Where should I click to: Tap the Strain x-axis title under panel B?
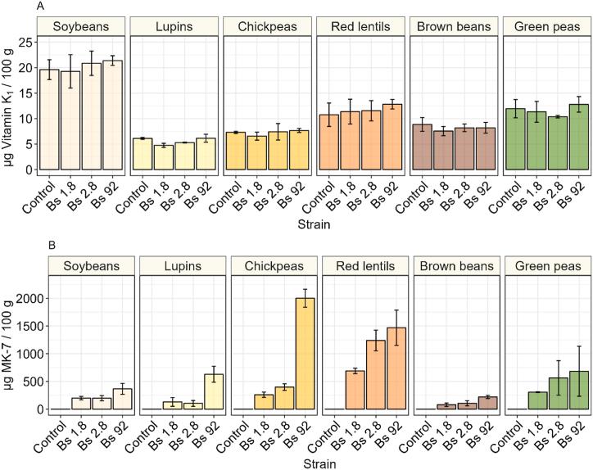click(315, 462)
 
